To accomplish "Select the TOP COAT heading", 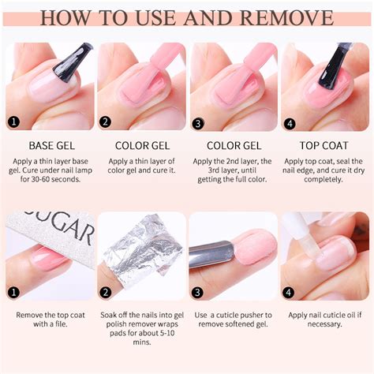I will click(x=323, y=145).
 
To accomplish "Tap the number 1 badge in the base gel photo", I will click(x=13, y=122).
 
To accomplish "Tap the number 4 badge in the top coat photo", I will click(x=288, y=122).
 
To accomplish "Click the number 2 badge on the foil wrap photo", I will click(x=105, y=292).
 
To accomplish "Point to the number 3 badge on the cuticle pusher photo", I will click(x=196, y=292).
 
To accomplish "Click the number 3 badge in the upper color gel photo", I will click(x=196, y=122).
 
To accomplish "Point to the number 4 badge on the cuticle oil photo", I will click(x=288, y=292).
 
